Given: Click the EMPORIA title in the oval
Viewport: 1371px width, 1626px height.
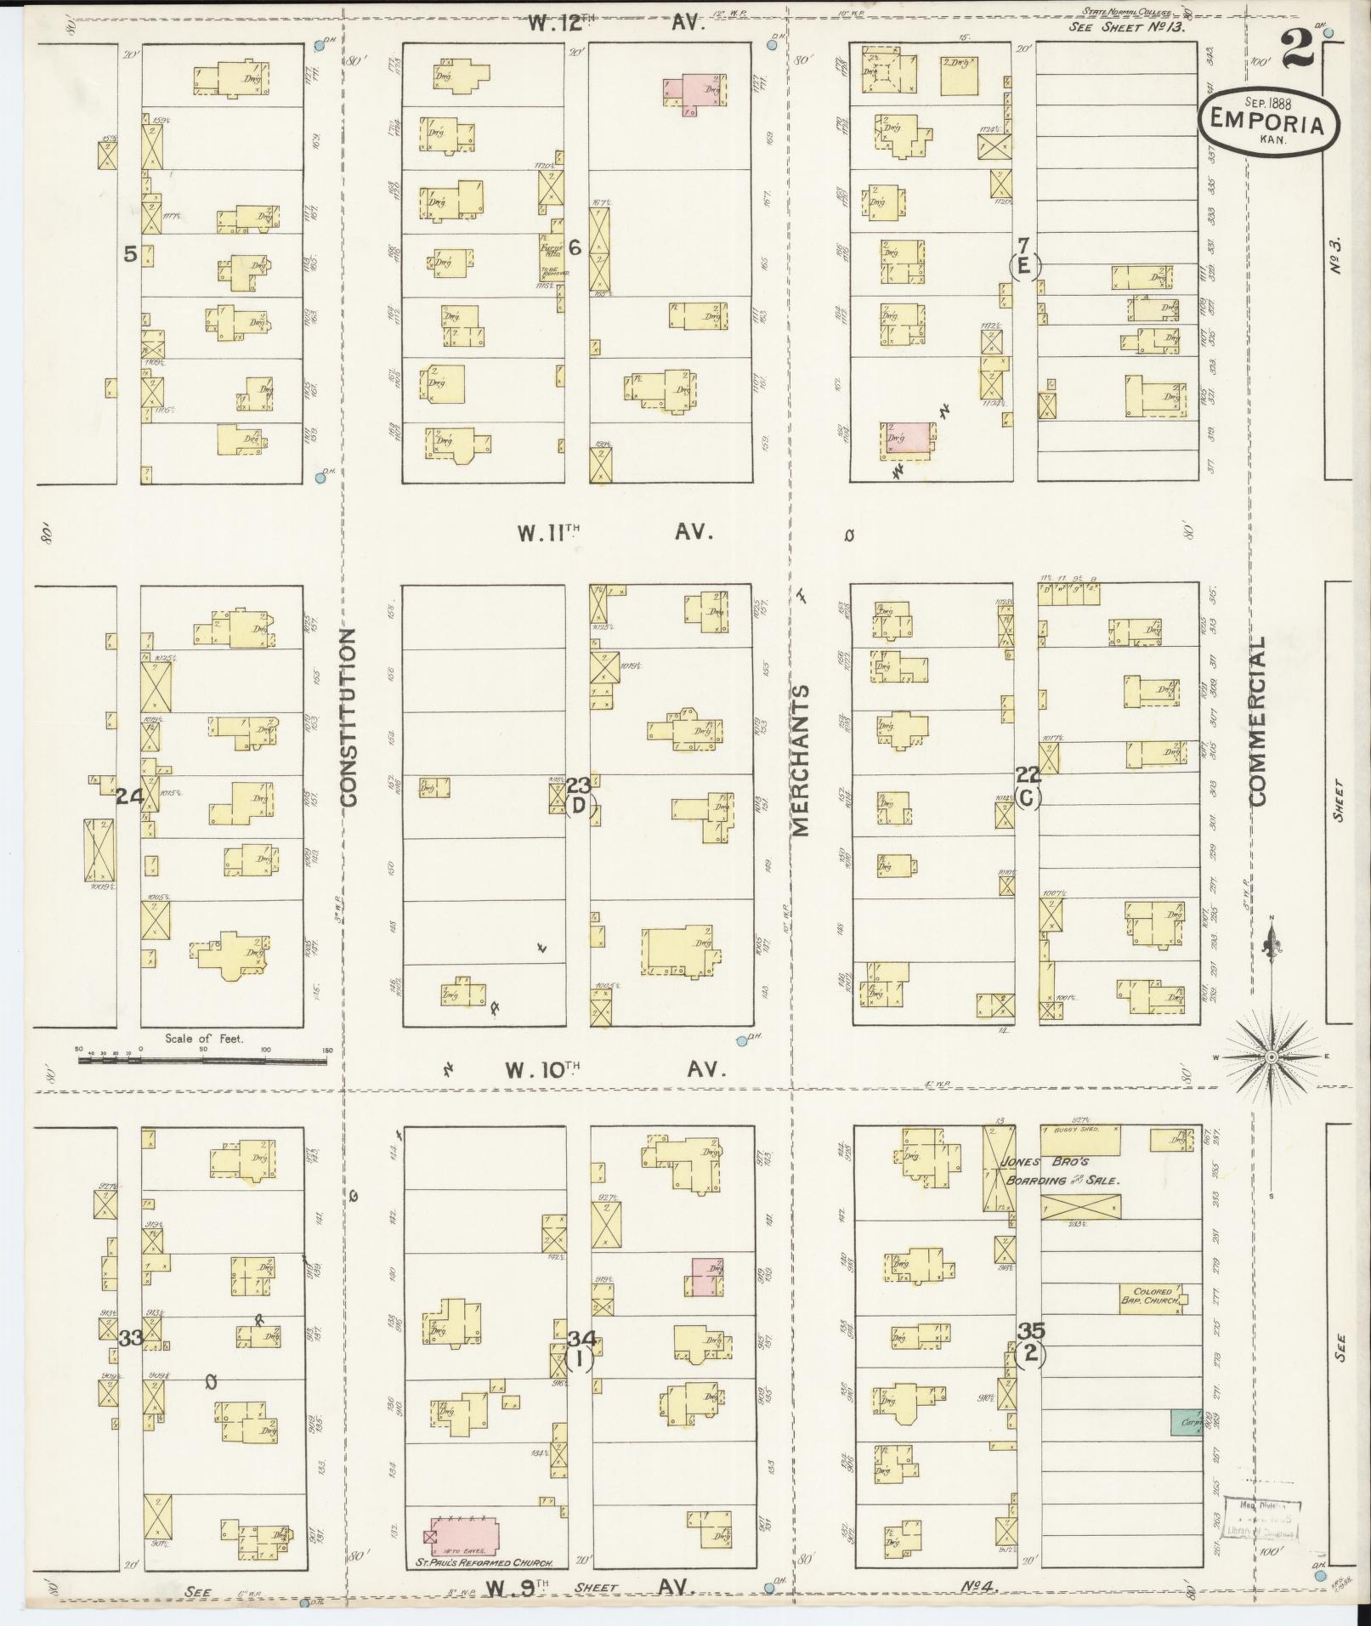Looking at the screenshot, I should tap(1268, 124).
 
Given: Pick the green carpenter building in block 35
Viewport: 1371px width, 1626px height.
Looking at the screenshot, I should tap(1186, 1423).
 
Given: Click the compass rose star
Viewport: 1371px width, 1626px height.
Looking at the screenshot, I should tap(1271, 1057).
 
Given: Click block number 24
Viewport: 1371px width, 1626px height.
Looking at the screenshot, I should tap(129, 796).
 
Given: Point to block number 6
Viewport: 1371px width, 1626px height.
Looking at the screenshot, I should tap(575, 248).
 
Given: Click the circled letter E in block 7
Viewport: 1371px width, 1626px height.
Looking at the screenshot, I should tap(1024, 267).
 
